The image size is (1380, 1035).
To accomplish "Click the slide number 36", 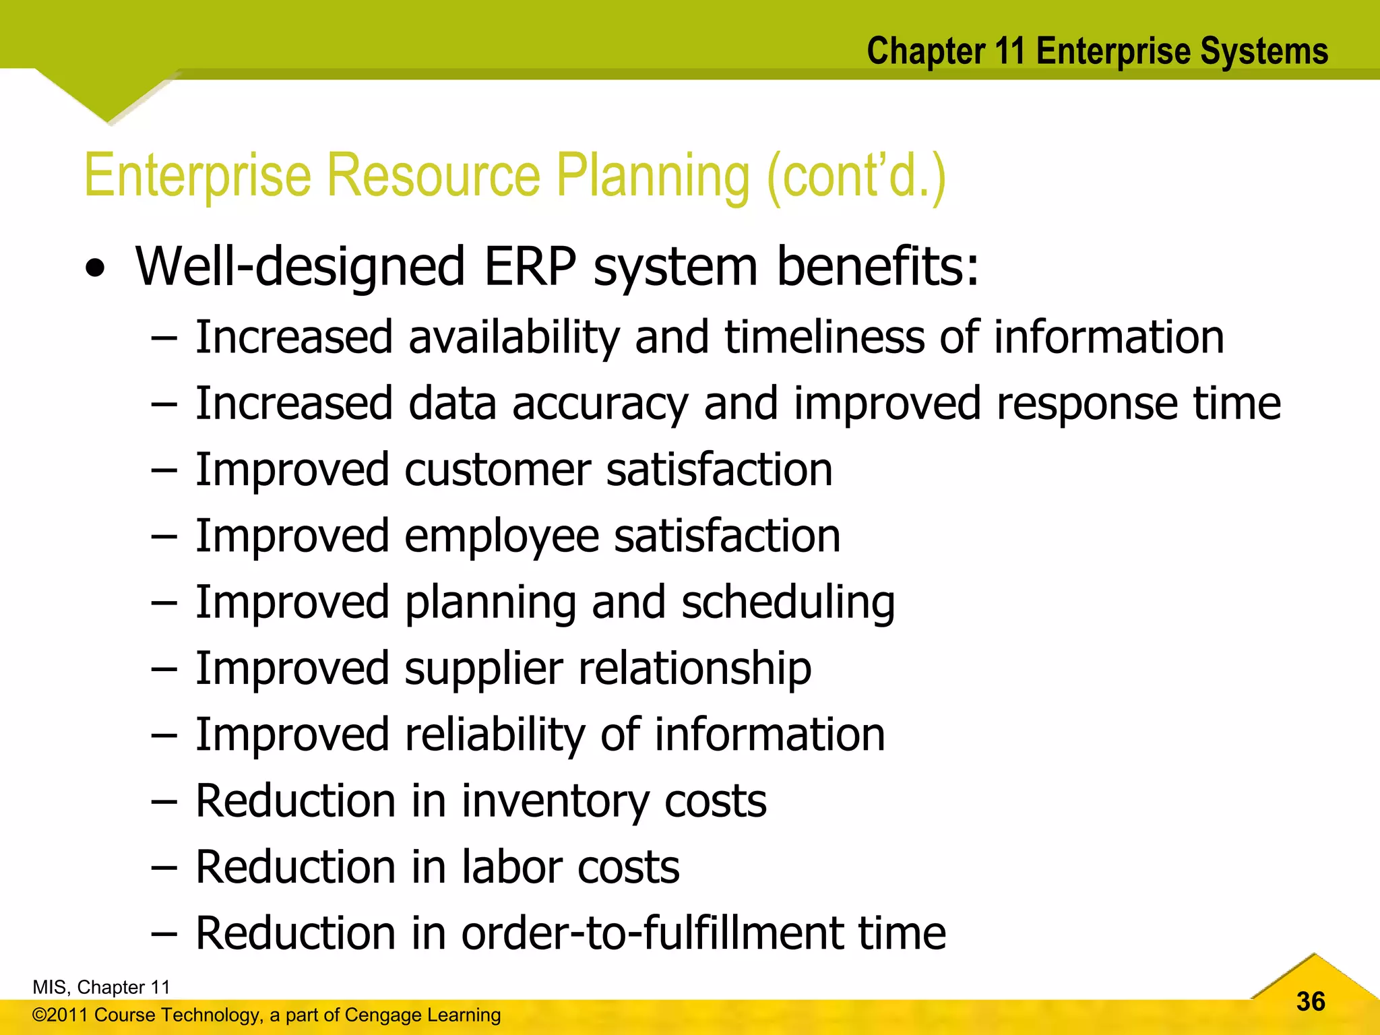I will pyautogui.click(x=1311, y=1001).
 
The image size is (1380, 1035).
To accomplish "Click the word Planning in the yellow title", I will pyautogui.click(x=652, y=177).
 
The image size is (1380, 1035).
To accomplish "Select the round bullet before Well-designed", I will pyautogui.click(x=96, y=270).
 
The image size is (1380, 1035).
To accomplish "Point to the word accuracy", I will pyautogui.click(x=600, y=404).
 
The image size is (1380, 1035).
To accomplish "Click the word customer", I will pyautogui.click(x=497, y=470).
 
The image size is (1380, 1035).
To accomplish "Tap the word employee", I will pyautogui.click(x=501, y=537).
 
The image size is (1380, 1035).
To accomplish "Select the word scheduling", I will pyautogui.click(x=788, y=602).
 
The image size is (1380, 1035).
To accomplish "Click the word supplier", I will pyautogui.click(x=483, y=669).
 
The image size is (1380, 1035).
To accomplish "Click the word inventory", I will pyautogui.click(x=556, y=801).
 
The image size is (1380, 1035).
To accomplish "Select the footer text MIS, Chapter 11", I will pyautogui.click(x=101, y=987).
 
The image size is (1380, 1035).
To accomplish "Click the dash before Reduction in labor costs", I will pyautogui.click(x=164, y=868).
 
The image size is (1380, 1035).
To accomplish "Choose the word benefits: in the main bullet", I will pyautogui.click(x=877, y=266).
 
